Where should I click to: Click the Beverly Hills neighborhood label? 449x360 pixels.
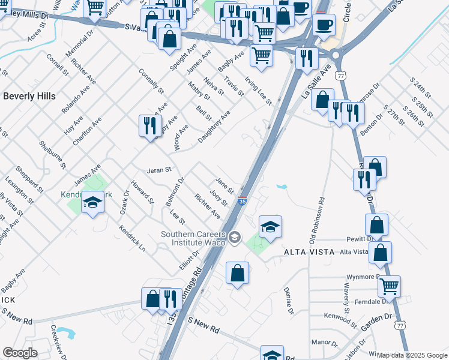29,96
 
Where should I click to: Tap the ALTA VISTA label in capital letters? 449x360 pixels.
312,253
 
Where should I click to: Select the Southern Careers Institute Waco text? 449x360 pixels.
193,238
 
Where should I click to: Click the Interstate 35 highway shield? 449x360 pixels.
241,202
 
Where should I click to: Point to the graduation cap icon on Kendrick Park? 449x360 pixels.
92,203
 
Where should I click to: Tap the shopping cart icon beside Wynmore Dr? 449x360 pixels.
389,286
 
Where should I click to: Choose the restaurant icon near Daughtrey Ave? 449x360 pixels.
148,125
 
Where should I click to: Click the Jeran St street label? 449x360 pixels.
160,170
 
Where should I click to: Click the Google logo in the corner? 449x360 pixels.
20,353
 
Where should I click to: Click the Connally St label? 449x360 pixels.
151,81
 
